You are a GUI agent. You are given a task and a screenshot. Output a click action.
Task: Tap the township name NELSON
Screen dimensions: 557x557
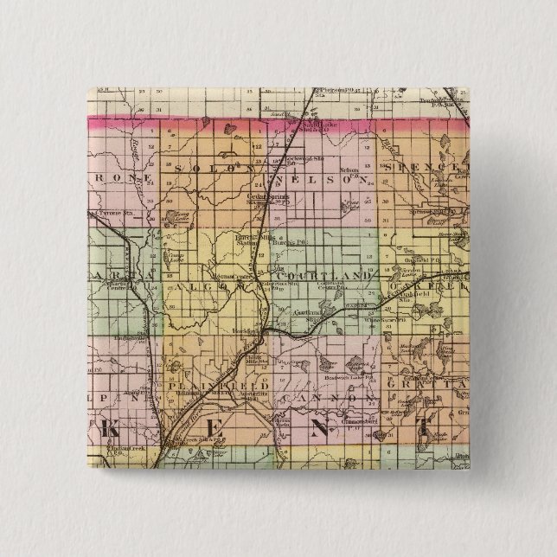(330, 180)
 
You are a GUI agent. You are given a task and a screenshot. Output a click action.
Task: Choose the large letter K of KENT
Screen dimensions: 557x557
(110, 427)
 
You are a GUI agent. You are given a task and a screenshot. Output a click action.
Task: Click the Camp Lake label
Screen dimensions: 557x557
(176, 256)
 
